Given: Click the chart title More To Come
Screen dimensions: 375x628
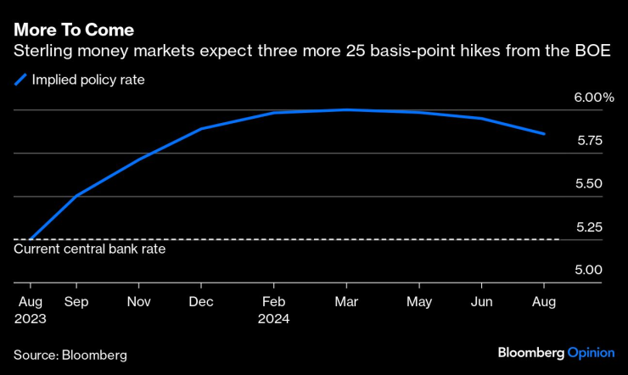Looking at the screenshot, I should click(73, 30).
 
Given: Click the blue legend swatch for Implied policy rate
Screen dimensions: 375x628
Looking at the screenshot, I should click(20, 81).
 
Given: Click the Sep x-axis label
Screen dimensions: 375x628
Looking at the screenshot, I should click(76, 301).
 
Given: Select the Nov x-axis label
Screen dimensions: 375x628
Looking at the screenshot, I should click(139, 301).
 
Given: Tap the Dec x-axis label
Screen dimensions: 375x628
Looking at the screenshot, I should click(201, 301).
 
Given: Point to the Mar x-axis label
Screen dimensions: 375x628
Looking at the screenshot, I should click(345, 301).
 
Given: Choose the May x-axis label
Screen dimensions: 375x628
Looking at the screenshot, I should click(418, 301).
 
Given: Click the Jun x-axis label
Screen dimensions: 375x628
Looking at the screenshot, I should click(481, 301).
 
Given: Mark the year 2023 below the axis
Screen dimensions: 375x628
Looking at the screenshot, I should click(30, 319).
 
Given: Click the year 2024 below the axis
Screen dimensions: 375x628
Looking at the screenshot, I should click(273, 319).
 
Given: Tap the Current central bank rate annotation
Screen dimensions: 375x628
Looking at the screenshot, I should click(90, 249).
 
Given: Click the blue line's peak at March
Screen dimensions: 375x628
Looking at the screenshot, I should click(345, 109).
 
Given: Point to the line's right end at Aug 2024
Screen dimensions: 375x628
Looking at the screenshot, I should click(544, 134).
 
